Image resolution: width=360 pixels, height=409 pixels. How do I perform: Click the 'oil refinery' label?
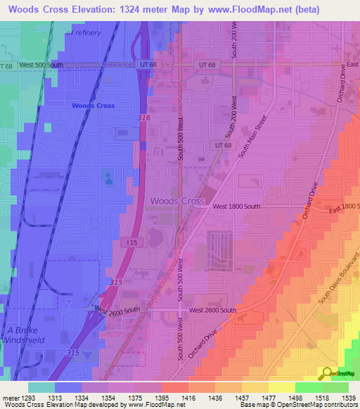[x=83, y=32]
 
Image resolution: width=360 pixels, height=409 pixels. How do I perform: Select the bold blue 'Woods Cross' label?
[x=93, y=105]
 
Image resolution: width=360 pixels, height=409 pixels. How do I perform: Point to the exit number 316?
[x=143, y=117]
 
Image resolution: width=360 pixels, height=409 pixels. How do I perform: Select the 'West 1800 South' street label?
[x=236, y=207]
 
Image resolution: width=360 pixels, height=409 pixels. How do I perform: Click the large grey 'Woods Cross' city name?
[x=177, y=201]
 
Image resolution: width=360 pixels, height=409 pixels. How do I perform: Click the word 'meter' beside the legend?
[x=11, y=397]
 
